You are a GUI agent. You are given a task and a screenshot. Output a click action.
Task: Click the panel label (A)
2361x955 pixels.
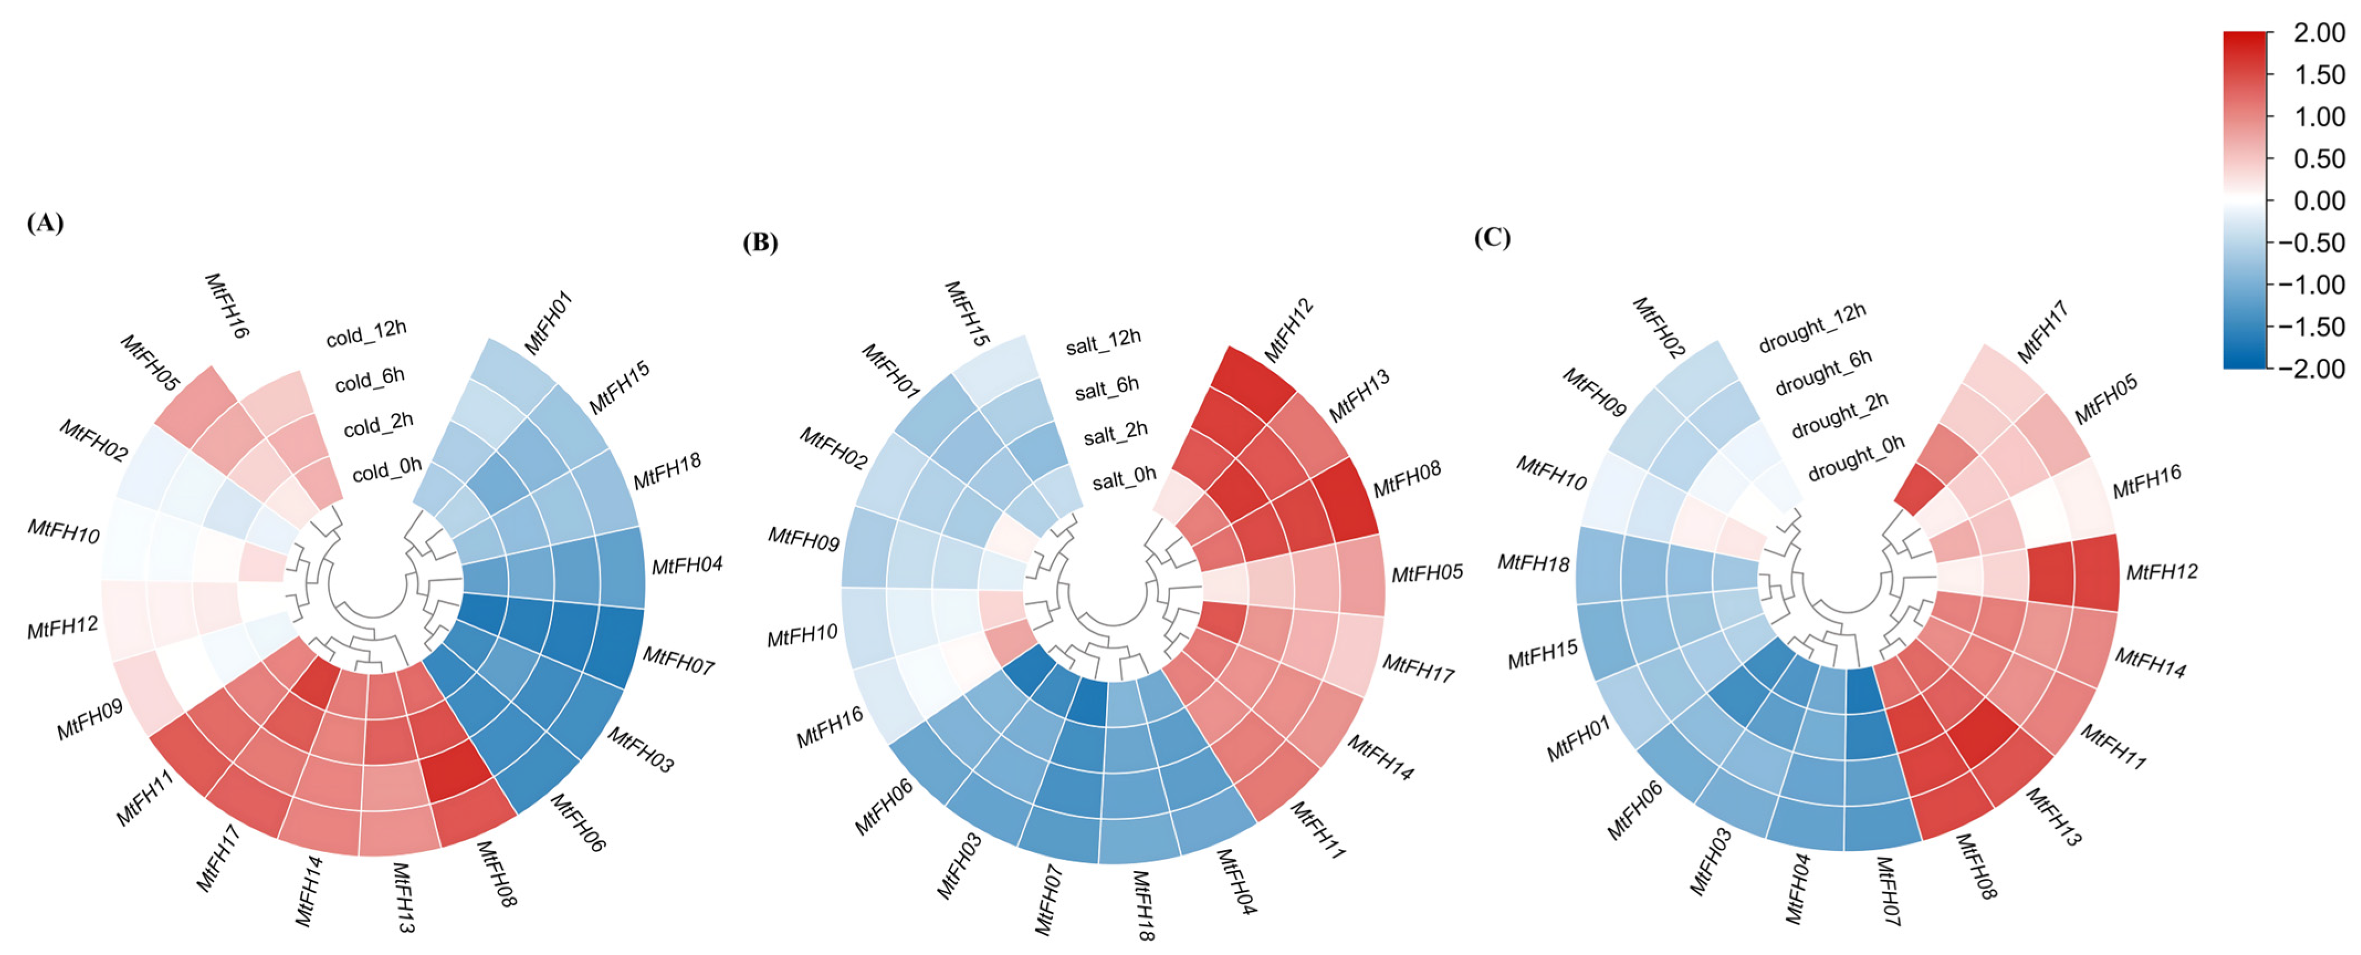coord(45,223)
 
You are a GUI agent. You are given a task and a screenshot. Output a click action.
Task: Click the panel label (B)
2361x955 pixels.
coord(760,242)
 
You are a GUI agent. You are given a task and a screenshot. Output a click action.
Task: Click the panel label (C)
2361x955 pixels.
coord(1491,238)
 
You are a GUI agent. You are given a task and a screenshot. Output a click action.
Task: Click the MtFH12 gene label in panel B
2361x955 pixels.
coord(1289,330)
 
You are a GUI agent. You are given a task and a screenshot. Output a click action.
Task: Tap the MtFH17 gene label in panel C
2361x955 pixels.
coord(2042,332)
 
